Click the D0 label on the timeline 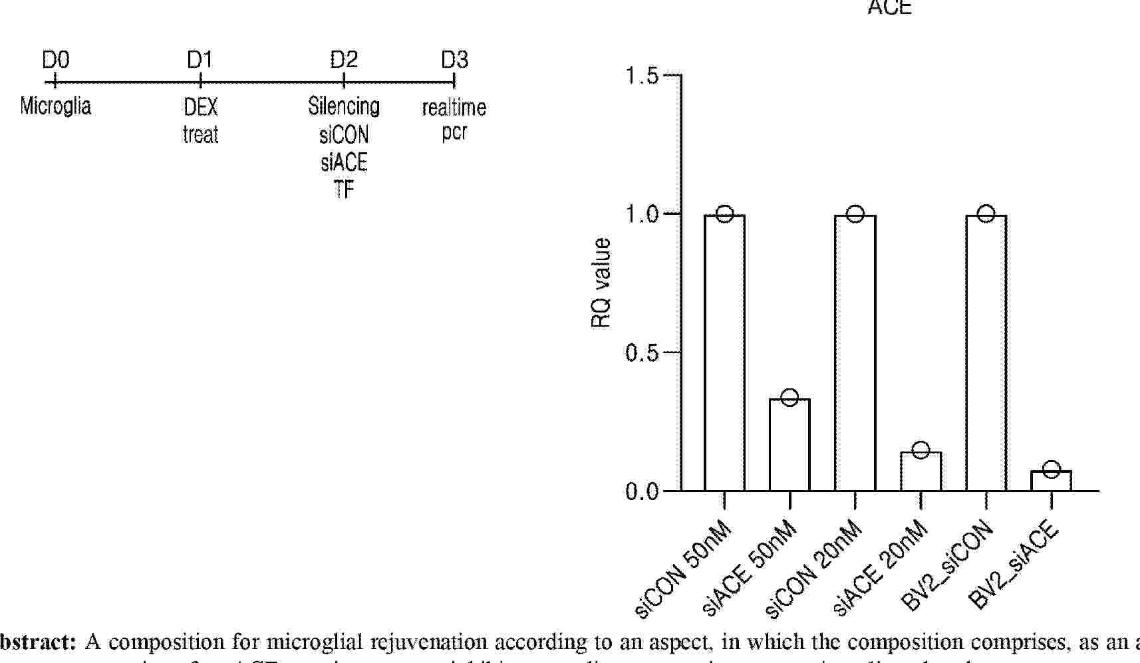coord(55,61)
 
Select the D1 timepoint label coord(200,61)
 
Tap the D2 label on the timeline coord(344,61)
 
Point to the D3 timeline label coord(454,61)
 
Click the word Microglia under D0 coord(55,106)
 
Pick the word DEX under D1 coord(200,107)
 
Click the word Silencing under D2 coord(344,106)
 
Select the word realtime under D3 coord(454,107)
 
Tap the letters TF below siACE coord(344,190)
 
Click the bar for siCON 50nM coord(724,352)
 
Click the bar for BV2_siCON coord(986,352)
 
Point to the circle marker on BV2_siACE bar coord(1051,469)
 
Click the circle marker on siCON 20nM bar coord(855,213)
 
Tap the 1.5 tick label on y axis coord(641,76)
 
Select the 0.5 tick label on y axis coord(641,352)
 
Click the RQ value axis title coord(601,283)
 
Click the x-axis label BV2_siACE coord(1013,566)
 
